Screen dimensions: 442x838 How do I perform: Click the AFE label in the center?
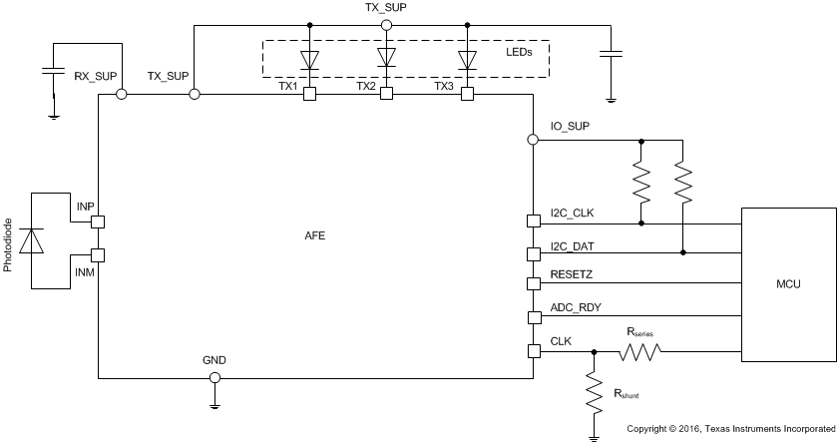[x=315, y=236]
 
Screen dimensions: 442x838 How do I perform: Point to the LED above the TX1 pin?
[x=309, y=59]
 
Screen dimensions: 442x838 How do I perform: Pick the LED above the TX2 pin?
[x=387, y=59]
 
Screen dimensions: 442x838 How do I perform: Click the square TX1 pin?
[x=309, y=94]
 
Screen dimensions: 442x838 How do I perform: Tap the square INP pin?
[x=98, y=221]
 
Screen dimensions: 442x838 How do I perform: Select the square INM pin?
[x=98, y=255]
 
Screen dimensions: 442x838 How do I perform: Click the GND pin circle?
[x=213, y=378]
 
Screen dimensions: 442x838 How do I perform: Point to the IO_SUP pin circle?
[x=533, y=141]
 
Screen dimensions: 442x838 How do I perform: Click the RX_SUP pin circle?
[x=122, y=94]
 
